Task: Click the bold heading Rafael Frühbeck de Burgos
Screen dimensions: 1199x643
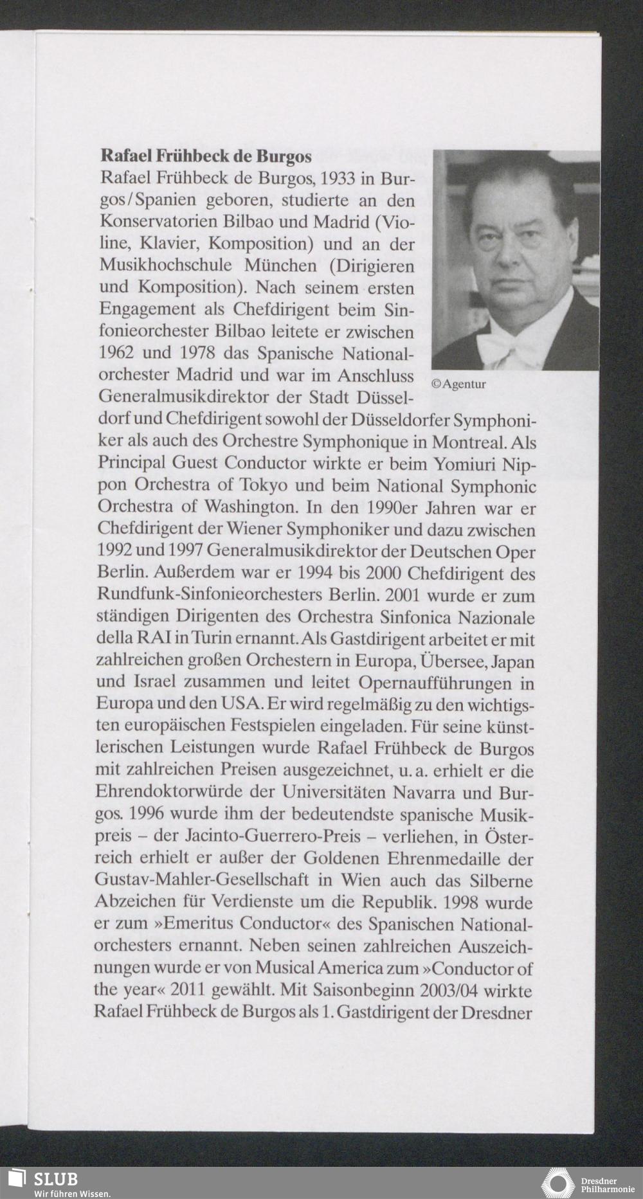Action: click(206, 156)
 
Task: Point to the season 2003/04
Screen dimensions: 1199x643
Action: click(455, 990)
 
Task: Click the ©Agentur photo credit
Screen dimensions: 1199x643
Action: click(458, 384)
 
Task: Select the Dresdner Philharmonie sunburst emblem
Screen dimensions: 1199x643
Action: click(557, 1182)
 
